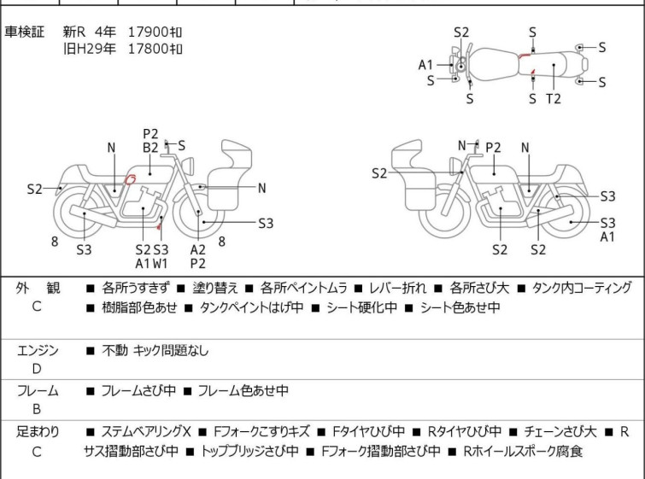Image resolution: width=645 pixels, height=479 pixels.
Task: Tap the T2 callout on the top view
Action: point(554,98)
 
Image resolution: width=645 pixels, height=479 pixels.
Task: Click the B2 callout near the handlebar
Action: point(150,147)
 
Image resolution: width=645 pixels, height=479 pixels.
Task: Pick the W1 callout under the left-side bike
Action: point(161,263)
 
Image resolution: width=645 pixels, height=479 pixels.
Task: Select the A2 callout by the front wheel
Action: point(198,249)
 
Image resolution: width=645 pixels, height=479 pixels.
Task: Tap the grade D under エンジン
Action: point(37,369)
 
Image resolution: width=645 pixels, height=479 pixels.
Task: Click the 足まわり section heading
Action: point(38,432)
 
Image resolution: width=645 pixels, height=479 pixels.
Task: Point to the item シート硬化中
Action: point(358,307)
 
